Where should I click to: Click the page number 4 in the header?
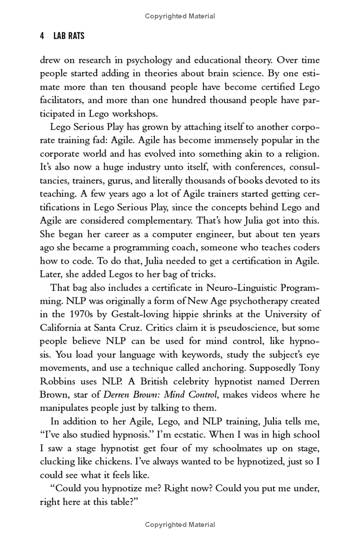pos(42,37)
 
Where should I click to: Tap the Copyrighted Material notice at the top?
pos(180,16)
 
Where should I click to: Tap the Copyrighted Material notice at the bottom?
pos(180,525)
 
